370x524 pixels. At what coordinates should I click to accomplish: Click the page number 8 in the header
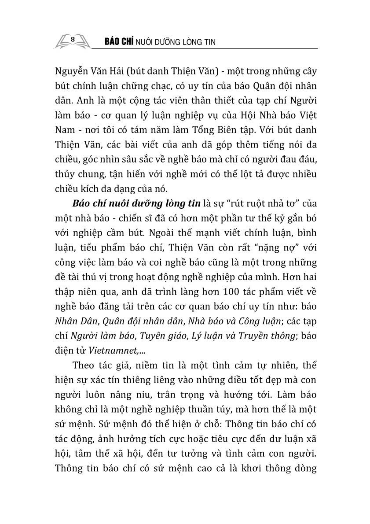(x=73, y=40)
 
